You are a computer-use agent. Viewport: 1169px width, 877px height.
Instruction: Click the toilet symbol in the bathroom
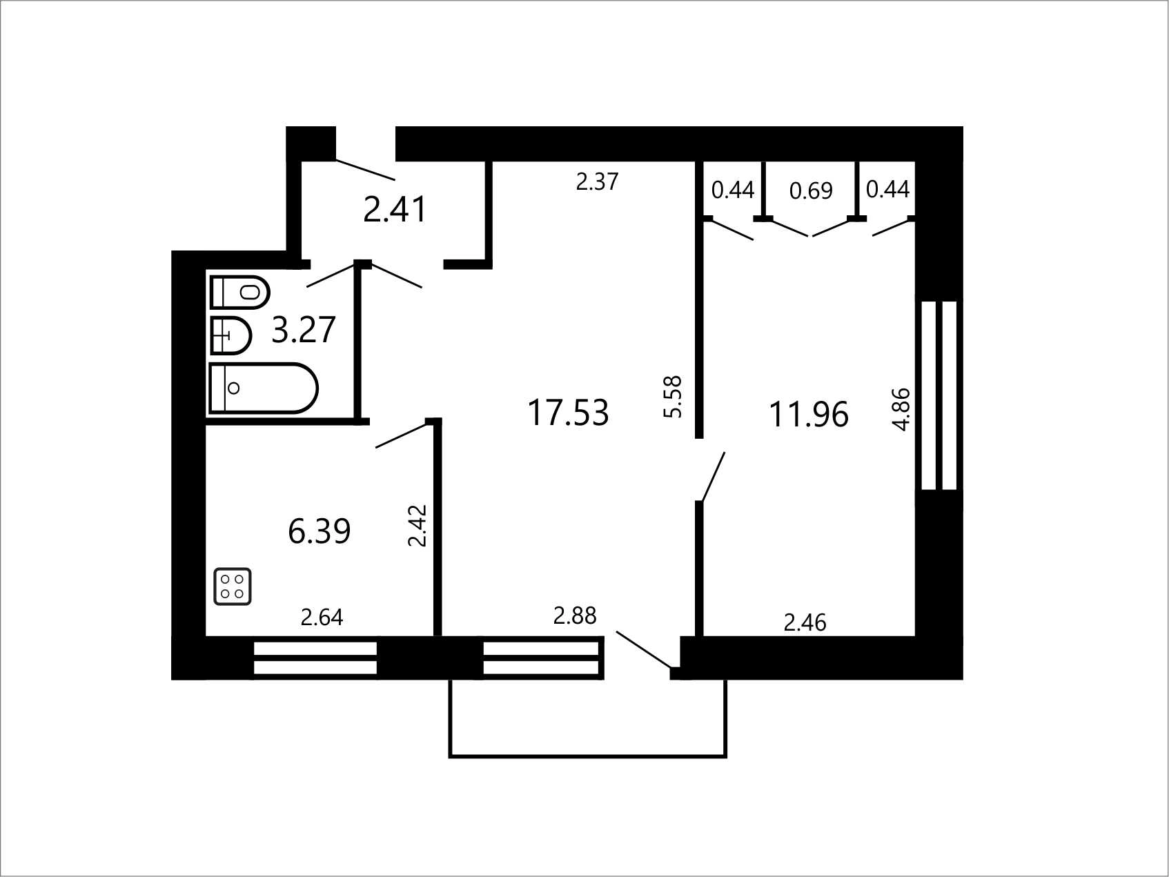coord(239,292)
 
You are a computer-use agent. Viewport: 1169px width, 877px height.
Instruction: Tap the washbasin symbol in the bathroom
coord(230,335)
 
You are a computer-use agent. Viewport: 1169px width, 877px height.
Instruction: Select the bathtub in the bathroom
coord(263,388)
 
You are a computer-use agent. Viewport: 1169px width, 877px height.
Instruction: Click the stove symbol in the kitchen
coord(233,587)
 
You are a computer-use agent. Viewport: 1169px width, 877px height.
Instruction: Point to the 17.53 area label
coord(568,413)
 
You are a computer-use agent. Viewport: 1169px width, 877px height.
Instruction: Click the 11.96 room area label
coord(808,415)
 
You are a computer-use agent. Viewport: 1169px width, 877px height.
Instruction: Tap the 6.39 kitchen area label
coord(320,531)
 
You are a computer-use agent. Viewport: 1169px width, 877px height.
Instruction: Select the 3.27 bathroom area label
coord(304,330)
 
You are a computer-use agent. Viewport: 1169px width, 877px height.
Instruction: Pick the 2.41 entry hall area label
coord(395,209)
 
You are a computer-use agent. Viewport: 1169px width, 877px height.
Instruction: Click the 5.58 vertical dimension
coord(672,396)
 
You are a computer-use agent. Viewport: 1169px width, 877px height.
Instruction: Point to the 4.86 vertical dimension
coord(902,409)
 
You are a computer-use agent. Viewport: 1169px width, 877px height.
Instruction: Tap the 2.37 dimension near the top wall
coord(598,181)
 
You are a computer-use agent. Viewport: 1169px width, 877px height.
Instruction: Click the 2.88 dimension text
coord(575,615)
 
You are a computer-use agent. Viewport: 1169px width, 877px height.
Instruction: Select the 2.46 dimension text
coord(805,623)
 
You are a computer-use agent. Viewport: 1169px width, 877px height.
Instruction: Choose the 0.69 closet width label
coord(811,190)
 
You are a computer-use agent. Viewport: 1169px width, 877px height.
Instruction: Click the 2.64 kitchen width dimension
coord(322,617)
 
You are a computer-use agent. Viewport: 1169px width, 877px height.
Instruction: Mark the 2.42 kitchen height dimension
coord(417,526)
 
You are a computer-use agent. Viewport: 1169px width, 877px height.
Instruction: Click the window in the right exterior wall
coord(940,395)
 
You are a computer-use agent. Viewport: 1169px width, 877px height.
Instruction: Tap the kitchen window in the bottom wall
coord(315,658)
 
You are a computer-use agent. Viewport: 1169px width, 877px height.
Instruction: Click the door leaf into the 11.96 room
coord(713,476)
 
